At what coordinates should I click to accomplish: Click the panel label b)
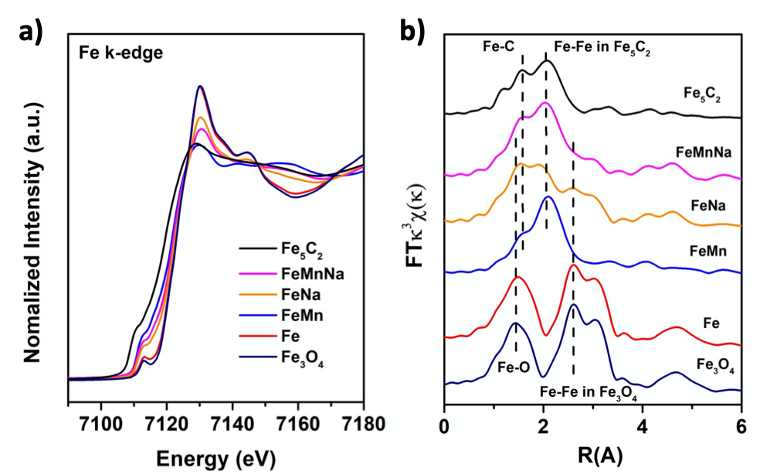412,33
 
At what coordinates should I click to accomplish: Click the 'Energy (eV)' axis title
215,457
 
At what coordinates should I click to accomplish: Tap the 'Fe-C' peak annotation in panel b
494,45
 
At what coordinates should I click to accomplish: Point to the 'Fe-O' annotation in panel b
514,368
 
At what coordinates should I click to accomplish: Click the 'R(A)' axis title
591,454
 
